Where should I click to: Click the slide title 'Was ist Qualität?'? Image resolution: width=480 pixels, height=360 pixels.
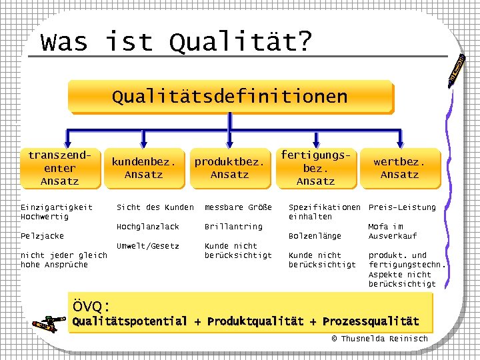[x=176, y=41]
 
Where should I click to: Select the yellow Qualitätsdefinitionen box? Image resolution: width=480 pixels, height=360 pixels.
[x=229, y=97]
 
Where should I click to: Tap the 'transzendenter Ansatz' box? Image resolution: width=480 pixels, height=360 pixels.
[x=59, y=168]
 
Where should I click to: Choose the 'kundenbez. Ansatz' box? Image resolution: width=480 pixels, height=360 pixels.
[x=143, y=168]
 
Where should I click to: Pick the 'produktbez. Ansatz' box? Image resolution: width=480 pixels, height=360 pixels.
[x=229, y=168]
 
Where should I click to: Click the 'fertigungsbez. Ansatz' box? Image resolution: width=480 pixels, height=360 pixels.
[x=315, y=168]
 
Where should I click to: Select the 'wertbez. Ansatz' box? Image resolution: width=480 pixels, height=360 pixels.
[x=399, y=168]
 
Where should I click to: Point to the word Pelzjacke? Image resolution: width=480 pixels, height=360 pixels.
[x=43, y=236]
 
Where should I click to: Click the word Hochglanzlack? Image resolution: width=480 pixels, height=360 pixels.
[x=148, y=227]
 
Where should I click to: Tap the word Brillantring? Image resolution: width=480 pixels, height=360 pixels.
[x=233, y=227]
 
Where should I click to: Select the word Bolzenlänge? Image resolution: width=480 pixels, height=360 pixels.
[x=315, y=236]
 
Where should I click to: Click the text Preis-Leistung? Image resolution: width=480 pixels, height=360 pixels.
[x=402, y=207]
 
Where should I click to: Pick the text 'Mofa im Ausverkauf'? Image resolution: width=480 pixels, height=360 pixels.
[x=393, y=231]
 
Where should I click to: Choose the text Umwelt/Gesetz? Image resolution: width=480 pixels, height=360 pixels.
[x=148, y=246]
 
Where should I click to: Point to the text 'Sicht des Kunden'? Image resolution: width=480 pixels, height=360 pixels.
[x=155, y=207]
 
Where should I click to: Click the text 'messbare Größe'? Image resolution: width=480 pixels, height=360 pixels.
[x=238, y=207]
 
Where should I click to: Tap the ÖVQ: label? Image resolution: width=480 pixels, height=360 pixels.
[x=91, y=307]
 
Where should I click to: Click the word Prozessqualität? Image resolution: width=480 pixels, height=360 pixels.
[x=371, y=322]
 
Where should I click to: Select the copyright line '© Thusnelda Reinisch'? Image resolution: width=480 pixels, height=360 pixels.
[x=379, y=339]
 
